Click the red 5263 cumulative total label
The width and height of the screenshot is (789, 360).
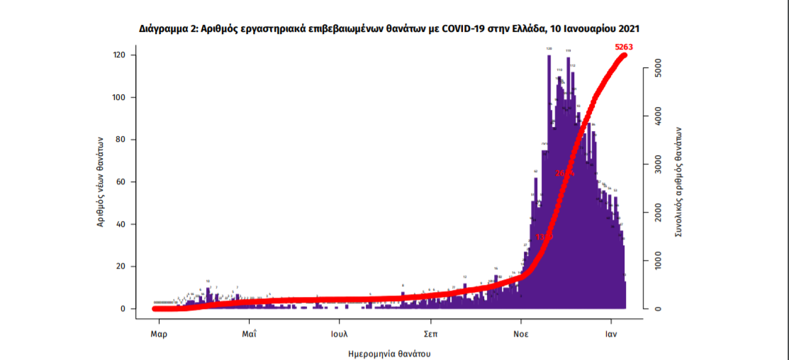(x=624, y=47)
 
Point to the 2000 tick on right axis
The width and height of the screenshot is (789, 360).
(x=659, y=213)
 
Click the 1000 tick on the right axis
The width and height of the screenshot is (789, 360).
(x=659, y=260)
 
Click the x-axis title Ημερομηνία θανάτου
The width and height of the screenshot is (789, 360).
(x=389, y=352)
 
